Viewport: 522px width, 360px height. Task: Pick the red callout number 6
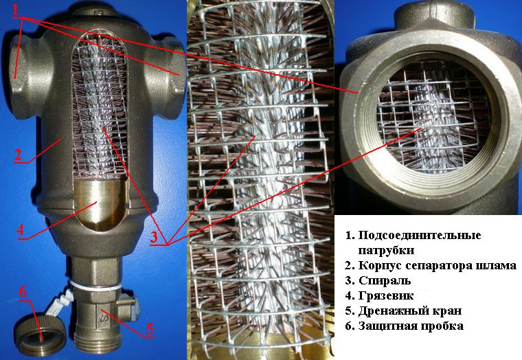[x=23, y=291]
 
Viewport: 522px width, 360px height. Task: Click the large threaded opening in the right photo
[x=427, y=131]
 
